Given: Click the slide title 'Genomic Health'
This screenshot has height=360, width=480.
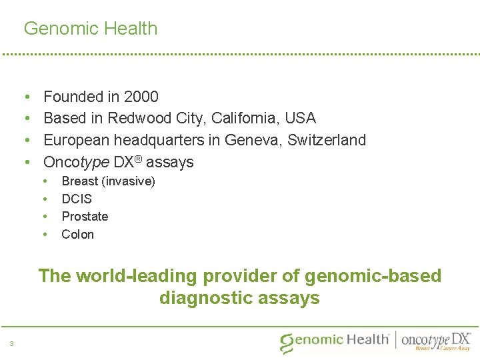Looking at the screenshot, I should coord(91,29).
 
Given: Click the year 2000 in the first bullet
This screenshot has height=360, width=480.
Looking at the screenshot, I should coord(141,97).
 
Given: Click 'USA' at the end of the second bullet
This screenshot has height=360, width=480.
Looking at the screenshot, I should coord(300,119).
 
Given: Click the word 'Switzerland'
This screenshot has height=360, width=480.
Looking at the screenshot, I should coord(327,141).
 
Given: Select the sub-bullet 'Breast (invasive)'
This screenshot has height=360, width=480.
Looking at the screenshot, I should coord(108,181).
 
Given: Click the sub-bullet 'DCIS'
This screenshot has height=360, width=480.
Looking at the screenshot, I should coord(77,199).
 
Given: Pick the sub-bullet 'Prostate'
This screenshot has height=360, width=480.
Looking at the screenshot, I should coord(85,217).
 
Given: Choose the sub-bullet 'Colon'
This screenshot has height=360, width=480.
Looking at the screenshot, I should coord(78,235).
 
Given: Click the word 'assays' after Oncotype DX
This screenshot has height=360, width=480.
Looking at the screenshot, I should coord(170,163).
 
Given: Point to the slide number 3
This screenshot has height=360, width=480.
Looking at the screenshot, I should coord(12,344).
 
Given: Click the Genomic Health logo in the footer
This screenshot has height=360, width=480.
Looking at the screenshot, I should coord(335,341).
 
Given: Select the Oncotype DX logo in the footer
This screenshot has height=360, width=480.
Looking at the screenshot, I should coord(436,341).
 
